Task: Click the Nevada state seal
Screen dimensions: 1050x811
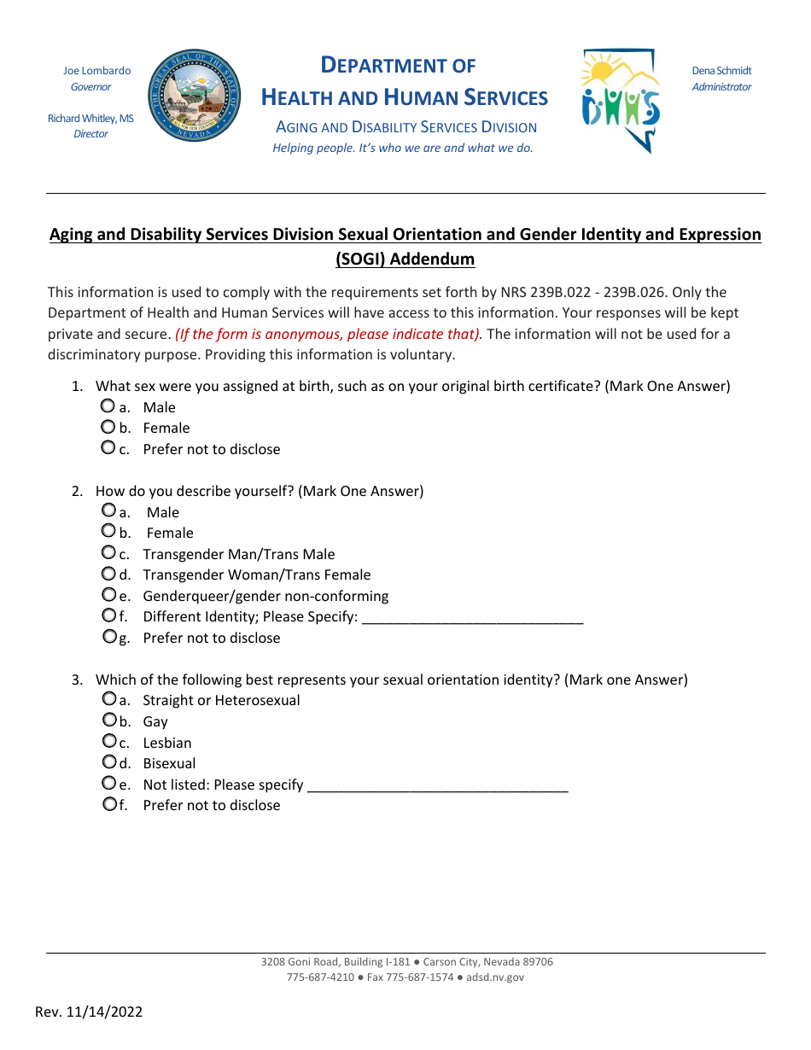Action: pos(195,95)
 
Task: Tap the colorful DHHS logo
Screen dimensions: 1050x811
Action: pos(621,101)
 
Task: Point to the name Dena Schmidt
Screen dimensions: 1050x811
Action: pos(721,71)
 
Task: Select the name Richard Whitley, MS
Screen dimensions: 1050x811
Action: pos(90,119)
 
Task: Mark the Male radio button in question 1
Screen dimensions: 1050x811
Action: pos(108,406)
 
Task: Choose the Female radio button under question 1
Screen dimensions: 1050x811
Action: pos(108,427)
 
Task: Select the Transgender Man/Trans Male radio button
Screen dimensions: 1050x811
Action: pos(108,553)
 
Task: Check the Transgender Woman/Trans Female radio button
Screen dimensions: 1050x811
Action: pos(108,574)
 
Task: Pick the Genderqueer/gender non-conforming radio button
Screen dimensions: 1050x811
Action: pos(108,595)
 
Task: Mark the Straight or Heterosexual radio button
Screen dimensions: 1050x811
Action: pos(108,699)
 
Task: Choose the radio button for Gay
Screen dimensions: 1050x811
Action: pos(108,720)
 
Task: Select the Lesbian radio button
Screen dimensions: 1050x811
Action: pos(108,741)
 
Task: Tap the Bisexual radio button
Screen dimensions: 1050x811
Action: pos(108,762)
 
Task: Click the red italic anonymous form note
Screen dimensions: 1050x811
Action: pos(328,334)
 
